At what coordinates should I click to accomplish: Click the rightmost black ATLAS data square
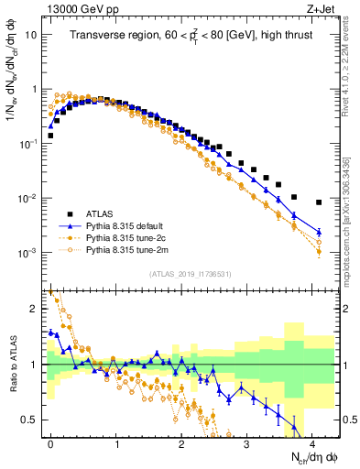[x=319, y=202]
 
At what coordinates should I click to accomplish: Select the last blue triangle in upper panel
[x=319, y=232]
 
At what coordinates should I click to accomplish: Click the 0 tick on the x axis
[x=50, y=442]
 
